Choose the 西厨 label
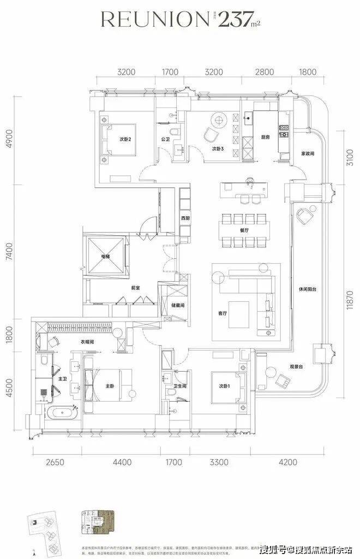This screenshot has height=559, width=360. pos(186,218)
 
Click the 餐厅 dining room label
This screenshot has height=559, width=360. pos(244,246)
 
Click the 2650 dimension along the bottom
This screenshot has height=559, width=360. pos(55,462)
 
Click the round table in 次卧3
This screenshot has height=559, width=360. pos(219,118)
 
